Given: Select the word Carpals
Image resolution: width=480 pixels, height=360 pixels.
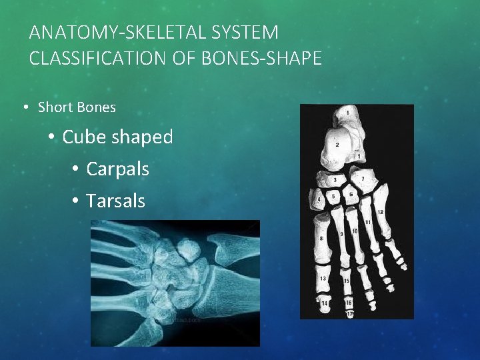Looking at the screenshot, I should pos(117,169).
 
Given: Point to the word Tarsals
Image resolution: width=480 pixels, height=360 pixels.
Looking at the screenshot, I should pos(115,201).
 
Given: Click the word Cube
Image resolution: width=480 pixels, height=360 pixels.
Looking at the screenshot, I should pos(85,137).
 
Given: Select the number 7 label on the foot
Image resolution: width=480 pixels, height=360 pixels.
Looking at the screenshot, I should pos(363,179).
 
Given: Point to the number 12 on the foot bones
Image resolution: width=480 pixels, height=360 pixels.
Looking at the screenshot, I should pos(381,212).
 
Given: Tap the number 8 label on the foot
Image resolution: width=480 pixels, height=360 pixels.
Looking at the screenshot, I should pos(322,237).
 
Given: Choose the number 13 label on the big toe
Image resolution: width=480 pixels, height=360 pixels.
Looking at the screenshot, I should pos(323,278).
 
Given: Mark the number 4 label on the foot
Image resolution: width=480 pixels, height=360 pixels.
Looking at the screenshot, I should pos(319,199).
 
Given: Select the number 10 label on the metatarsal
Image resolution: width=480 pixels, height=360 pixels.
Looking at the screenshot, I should pos(355,231).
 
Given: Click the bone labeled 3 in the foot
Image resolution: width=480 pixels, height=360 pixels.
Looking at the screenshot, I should pos(334,179).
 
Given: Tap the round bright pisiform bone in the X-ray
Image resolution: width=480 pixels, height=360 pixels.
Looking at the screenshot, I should pos(190,249).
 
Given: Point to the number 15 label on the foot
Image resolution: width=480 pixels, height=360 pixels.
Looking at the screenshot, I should pos(347,281).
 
